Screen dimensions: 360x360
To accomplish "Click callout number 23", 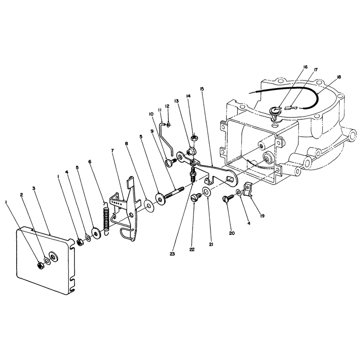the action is click(x=172, y=254).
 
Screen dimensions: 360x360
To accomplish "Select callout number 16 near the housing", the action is click(x=305, y=67).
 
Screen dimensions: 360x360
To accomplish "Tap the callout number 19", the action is click(x=262, y=216).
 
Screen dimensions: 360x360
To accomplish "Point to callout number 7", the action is click(x=112, y=151).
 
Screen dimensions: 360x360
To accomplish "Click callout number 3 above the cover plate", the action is click(x=34, y=188).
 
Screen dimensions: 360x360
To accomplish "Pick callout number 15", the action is click(x=202, y=89).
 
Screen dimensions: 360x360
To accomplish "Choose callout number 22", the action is click(x=192, y=249).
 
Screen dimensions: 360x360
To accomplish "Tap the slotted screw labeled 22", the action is click(x=196, y=197).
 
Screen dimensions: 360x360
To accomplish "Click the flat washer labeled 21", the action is click(x=206, y=191).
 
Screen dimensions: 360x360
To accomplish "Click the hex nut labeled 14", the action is click(x=194, y=138).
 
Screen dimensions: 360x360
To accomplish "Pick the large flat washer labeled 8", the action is click(x=149, y=206).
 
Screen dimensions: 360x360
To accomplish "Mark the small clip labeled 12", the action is click(x=169, y=125).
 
